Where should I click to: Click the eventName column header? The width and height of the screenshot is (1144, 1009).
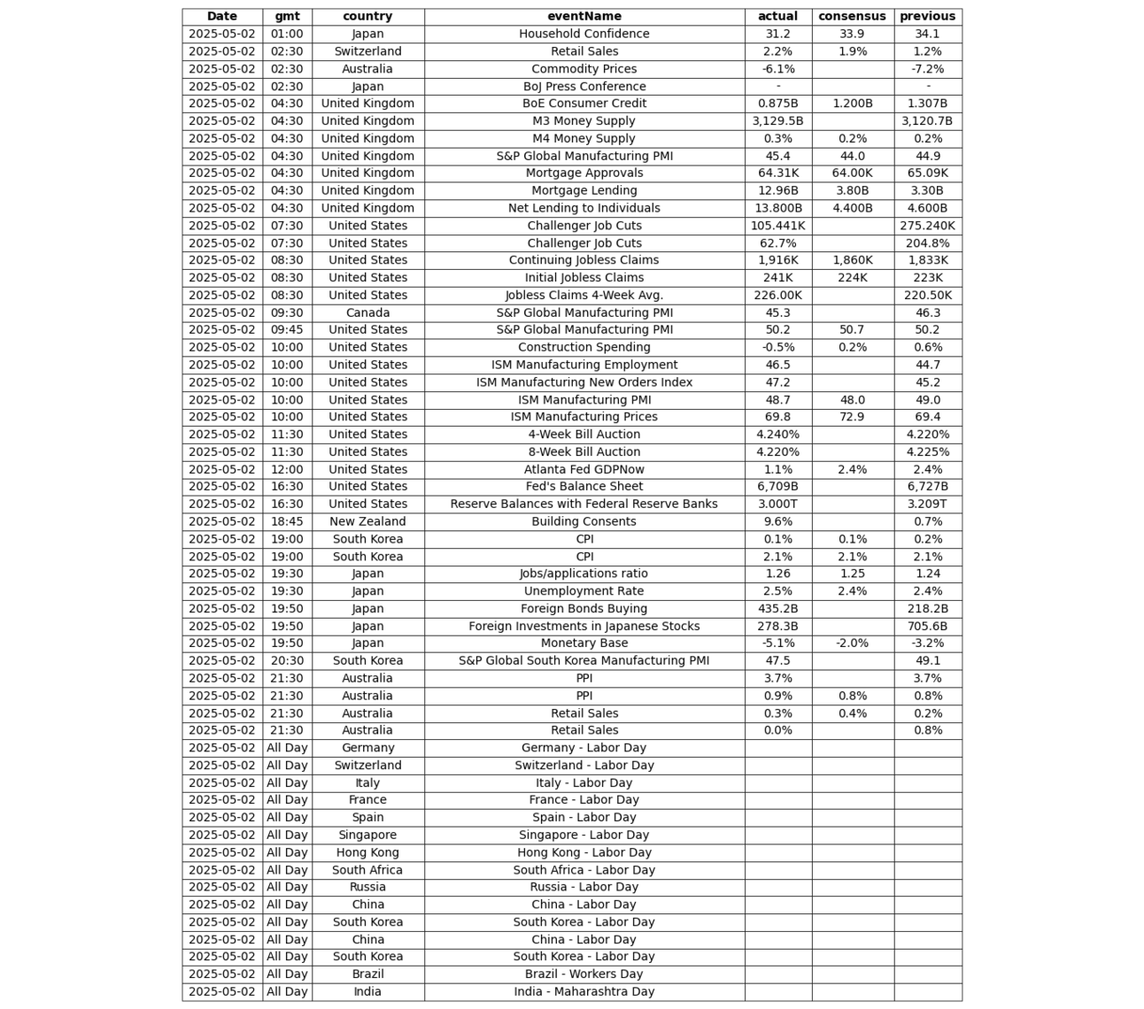click(x=584, y=16)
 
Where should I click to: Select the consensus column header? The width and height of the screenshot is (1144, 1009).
click(x=852, y=16)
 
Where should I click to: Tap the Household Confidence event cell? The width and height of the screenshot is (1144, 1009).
click(x=584, y=34)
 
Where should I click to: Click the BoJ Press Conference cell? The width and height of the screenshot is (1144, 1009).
click(x=584, y=87)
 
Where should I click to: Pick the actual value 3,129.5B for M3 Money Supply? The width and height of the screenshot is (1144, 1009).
click(x=777, y=121)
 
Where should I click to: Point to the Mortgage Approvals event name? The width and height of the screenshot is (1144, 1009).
click(x=584, y=173)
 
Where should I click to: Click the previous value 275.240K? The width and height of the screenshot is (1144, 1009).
click(x=927, y=226)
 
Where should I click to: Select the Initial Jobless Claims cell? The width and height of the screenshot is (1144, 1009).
click(x=584, y=278)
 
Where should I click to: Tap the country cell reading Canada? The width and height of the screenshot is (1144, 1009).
click(x=367, y=312)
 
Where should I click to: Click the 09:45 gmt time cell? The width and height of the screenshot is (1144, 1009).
click(x=287, y=330)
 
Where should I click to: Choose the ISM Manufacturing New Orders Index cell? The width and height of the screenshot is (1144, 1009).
click(x=584, y=382)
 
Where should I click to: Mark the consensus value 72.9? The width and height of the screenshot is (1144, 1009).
click(x=852, y=417)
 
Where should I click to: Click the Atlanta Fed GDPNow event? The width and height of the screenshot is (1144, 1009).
click(x=584, y=469)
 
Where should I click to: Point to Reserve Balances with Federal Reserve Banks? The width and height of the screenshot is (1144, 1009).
click(x=584, y=504)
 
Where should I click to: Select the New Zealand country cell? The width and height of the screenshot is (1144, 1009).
click(x=367, y=521)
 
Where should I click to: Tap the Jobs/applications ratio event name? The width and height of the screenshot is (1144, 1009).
click(x=584, y=574)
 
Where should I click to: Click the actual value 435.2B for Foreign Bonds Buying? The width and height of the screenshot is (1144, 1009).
click(x=777, y=609)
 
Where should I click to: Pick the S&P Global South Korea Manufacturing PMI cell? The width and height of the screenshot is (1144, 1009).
click(x=584, y=660)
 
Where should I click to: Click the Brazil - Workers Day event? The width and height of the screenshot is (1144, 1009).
click(x=584, y=974)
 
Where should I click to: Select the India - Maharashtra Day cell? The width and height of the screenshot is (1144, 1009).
click(x=584, y=991)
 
